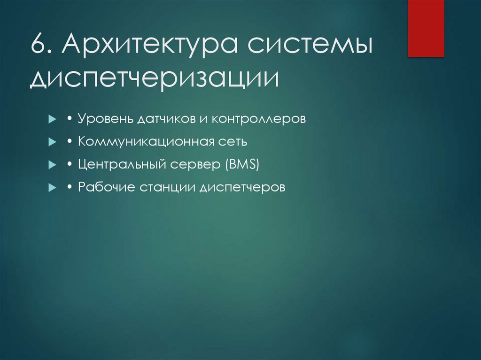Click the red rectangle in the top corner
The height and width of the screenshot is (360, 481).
(x=426, y=28)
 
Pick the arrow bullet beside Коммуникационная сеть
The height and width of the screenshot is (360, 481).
(x=52, y=142)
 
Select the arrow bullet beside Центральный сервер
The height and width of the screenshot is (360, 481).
(x=52, y=165)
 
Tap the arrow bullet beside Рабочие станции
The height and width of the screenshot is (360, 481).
(x=52, y=188)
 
